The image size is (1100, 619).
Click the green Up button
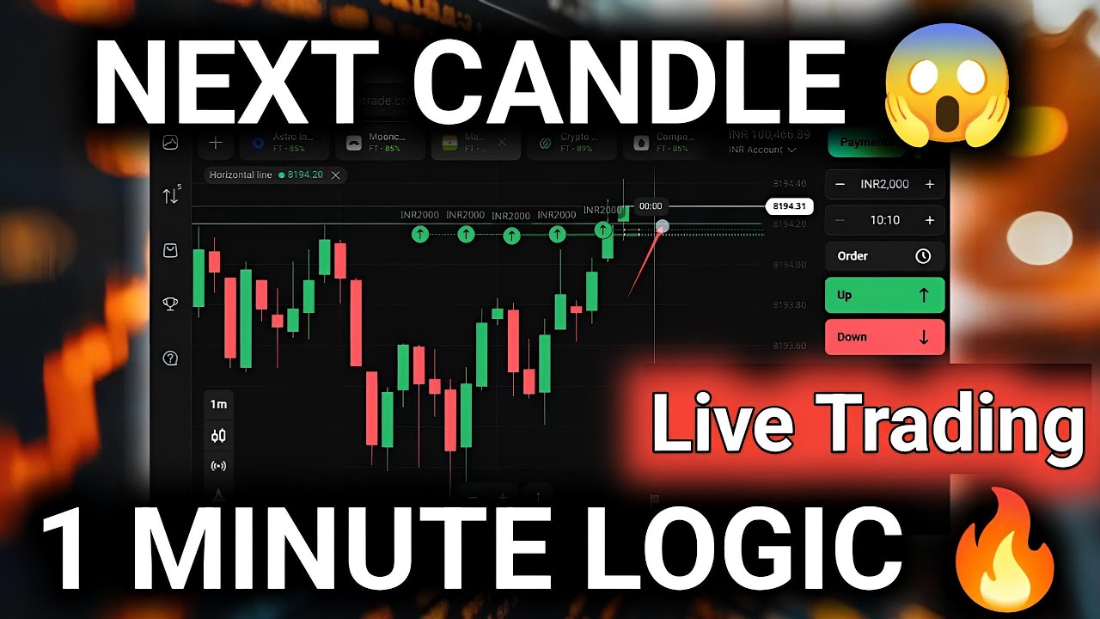point(884,295)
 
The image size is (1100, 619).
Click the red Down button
point(884,337)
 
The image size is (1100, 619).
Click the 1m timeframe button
point(218,404)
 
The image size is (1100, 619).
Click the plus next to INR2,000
point(929,184)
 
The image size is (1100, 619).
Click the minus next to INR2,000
point(840,184)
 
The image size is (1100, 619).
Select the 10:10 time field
point(884,220)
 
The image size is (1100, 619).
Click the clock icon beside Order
point(923,256)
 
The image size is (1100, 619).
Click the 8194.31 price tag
point(788,206)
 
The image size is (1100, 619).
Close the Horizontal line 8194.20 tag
point(336,175)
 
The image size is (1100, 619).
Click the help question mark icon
point(170,358)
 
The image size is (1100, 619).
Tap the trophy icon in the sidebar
point(170,303)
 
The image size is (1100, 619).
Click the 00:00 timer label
point(651,206)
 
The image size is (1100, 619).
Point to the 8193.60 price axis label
point(789,346)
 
